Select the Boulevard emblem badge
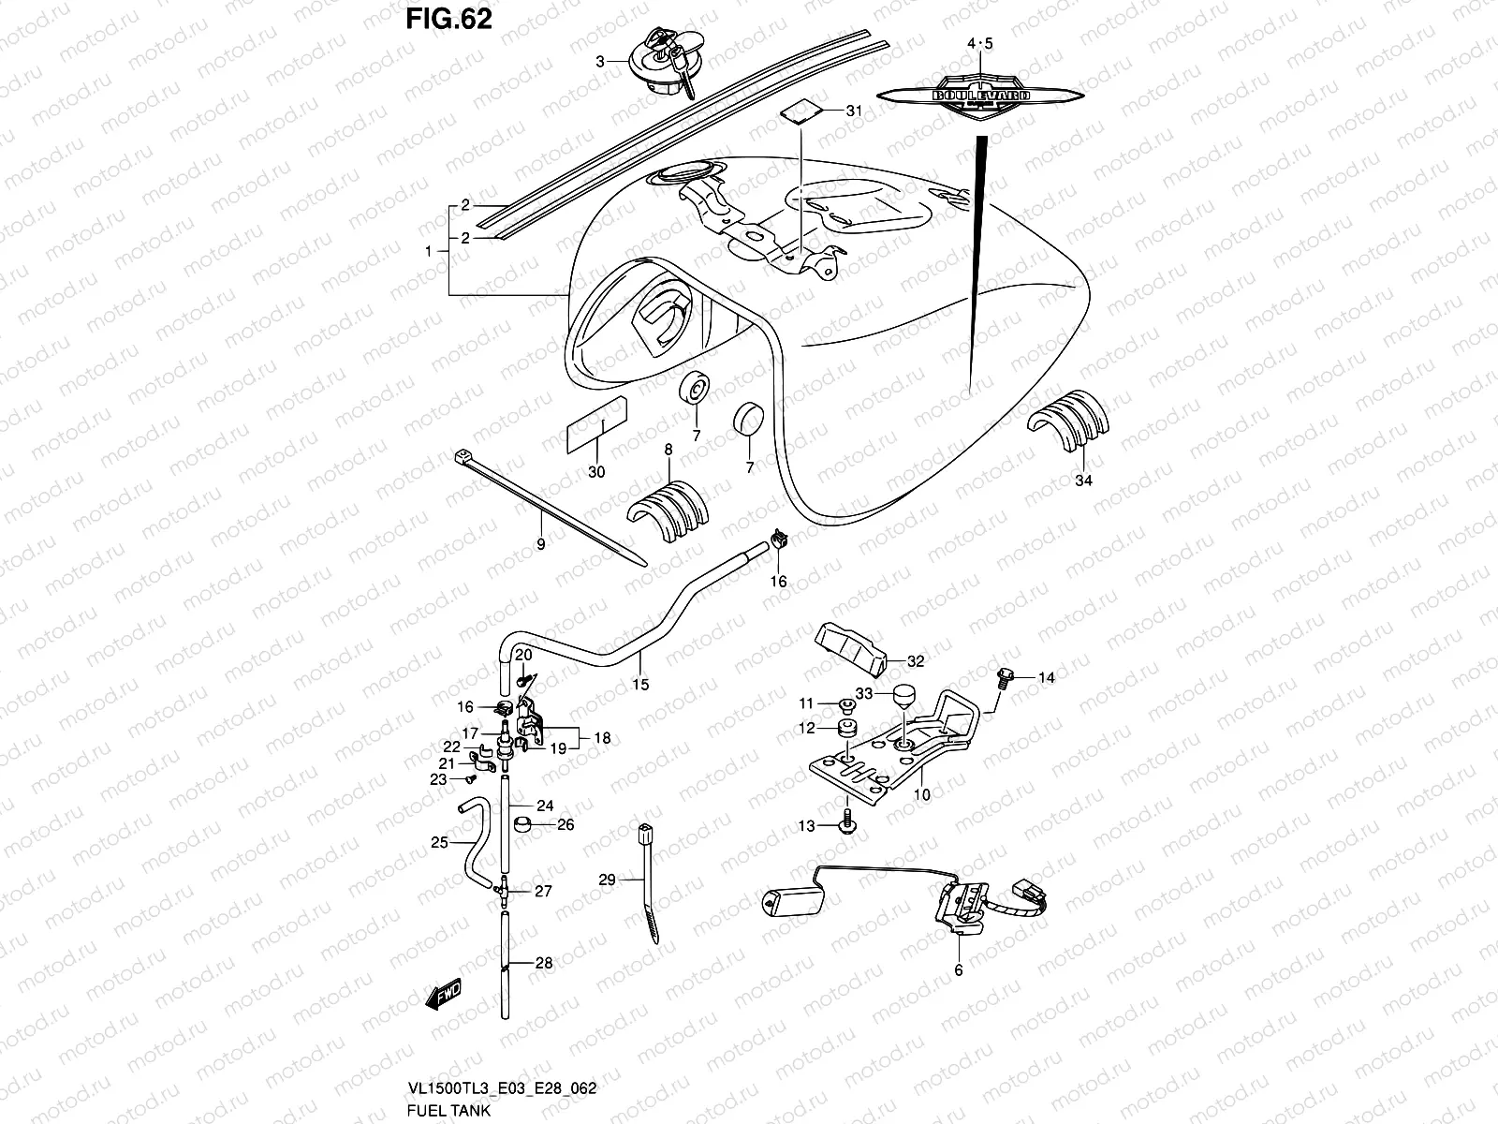click(980, 96)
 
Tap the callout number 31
click(853, 111)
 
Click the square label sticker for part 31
click(801, 111)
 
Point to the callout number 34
click(1083, 481)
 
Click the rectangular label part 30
click(595, 424)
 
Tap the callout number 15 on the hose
click(640, 685)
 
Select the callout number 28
click(544, 962)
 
